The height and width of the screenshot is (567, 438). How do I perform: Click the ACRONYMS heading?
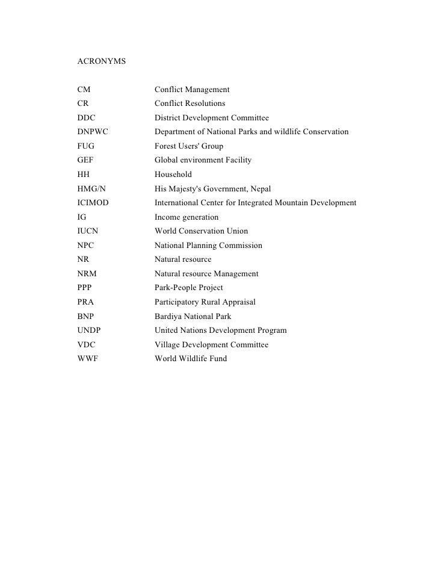[102, 61]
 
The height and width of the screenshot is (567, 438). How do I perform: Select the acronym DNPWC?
[93, 132]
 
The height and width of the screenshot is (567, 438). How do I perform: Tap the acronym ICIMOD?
[93, 203]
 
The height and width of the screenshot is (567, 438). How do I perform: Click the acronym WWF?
[88, 359]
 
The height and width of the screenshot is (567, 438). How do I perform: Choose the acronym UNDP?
[90, 330]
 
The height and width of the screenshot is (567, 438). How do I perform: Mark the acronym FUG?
[86, 146]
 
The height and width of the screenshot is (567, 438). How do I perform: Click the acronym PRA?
[86, 302]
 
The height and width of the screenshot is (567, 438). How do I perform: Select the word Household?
[173, 175]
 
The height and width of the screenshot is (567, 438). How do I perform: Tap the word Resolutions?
[206, 104]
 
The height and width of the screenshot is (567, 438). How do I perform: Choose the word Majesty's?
[187, 188]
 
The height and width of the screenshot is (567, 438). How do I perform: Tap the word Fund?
[218, 359]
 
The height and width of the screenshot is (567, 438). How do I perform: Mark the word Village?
[168, 345]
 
